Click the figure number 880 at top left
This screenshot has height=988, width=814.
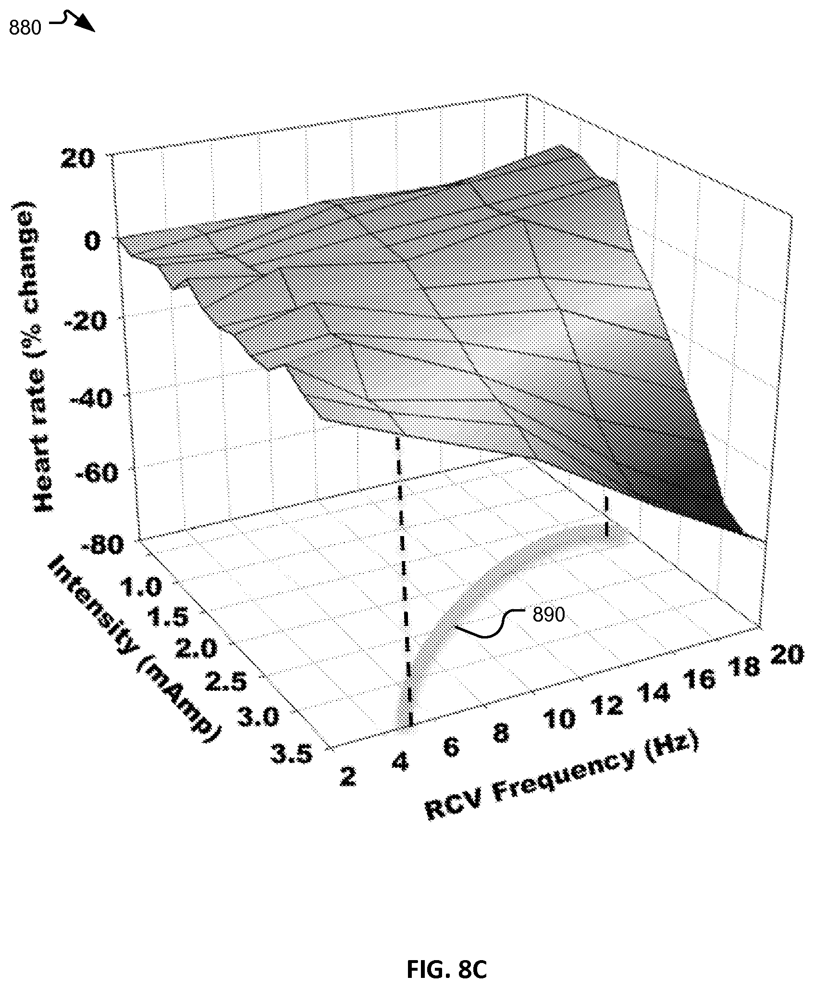tap(25, 28)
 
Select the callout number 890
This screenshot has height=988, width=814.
tap(548, 614)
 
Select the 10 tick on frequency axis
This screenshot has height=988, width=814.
tap(558, 719)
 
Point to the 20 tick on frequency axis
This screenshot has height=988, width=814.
tap(787, 655)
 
